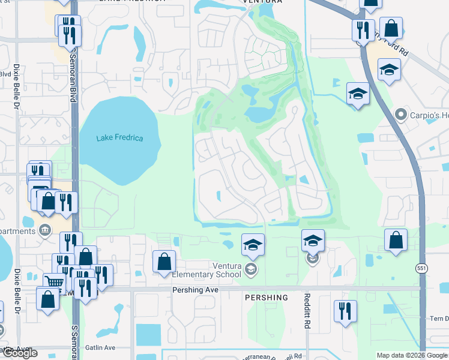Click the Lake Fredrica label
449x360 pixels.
click(120, 139)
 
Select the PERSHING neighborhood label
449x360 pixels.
click(266, 298)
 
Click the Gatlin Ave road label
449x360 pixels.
click(101, 347)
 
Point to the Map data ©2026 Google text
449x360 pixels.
click(412, 355)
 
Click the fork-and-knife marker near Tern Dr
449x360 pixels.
click(345, 310)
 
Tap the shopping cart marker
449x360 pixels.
click(54, 282)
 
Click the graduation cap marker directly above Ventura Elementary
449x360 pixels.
click(253, 244)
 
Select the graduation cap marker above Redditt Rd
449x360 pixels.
click(312, 240)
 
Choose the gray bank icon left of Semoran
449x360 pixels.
click(44, 230)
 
